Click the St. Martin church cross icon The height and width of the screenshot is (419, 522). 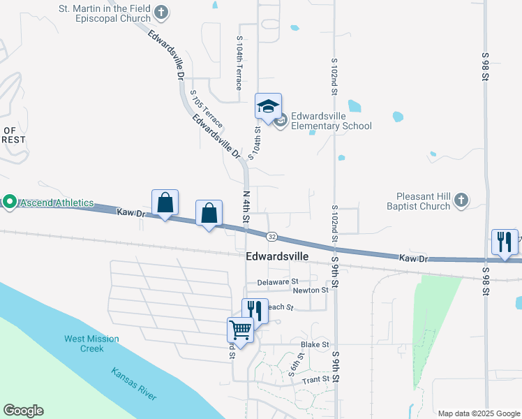161,12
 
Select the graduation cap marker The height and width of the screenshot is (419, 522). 268,107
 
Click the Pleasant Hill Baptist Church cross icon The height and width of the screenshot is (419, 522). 460,201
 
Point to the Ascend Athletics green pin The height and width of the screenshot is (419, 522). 9,203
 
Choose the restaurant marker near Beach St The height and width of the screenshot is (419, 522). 255,310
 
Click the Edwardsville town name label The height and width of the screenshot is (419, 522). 277,256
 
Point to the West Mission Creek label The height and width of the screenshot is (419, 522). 91,344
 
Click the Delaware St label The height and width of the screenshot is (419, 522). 277,282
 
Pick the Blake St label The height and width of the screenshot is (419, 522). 314,345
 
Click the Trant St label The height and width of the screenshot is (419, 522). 315,381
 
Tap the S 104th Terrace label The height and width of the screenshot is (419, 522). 239,64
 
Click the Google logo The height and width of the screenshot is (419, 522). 23,411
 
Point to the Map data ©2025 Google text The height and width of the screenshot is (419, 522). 478,413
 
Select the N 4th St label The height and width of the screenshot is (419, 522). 246,206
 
